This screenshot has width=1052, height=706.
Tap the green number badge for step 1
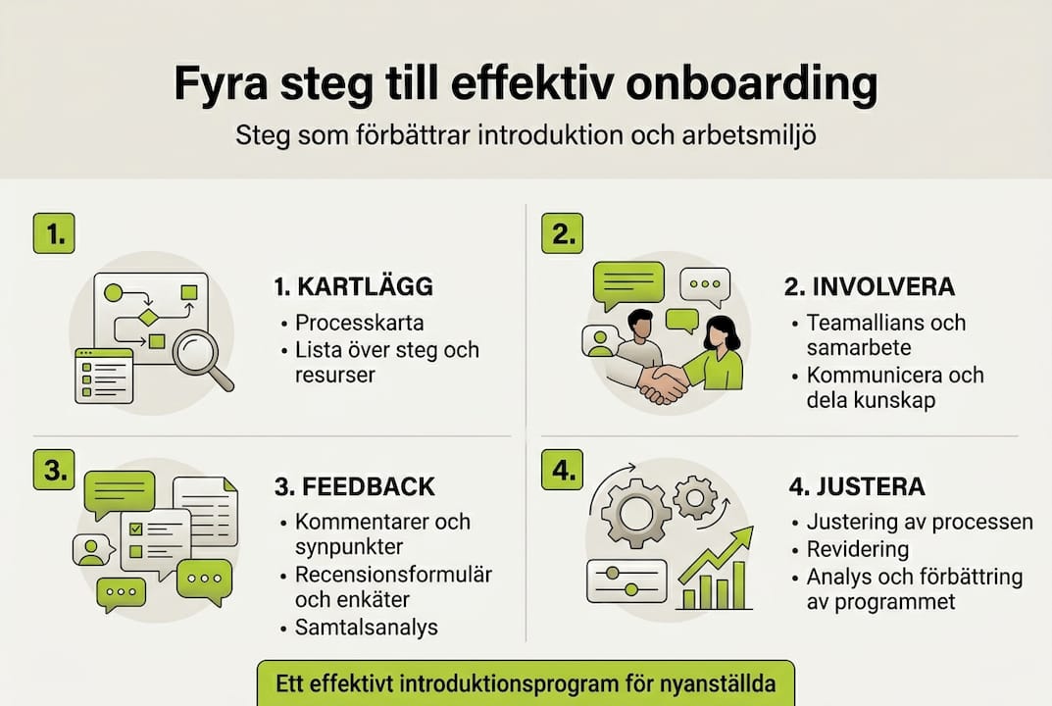pos(54,233)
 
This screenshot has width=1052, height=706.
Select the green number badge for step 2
pos(562,233)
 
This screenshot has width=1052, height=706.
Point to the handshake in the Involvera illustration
pos(663,380)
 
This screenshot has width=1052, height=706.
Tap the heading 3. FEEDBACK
pos(355,486)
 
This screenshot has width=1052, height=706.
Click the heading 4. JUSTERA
pos(856,486)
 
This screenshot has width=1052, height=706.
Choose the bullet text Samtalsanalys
pos(367,628)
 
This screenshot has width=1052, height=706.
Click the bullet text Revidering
pos(858,549)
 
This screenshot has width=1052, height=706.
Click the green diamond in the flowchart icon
pos(148,317)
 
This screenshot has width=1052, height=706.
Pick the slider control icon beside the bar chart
pos(626,580)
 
